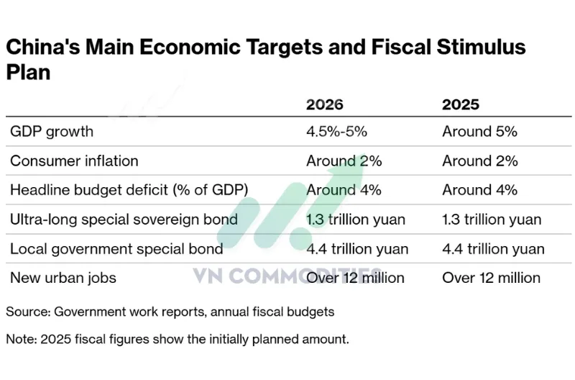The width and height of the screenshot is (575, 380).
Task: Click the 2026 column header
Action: [x=325, y=104]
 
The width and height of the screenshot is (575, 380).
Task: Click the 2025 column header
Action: [x=460, y=104]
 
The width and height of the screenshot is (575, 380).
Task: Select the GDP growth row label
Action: [x=52, y=132]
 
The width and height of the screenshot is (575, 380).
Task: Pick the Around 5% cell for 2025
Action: [x=479, y=132]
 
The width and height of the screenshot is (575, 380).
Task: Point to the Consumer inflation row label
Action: [x=74, y=161]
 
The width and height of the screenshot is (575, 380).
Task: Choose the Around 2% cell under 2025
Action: [x=479, y=161]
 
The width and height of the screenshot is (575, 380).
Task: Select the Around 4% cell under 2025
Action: [x=479, y=190]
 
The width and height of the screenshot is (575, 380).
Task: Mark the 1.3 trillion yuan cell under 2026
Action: [x=356, y=220]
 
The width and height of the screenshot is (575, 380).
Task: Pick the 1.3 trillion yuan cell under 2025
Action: [x=492, y=220]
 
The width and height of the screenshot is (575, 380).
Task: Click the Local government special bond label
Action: [x=116, y=249]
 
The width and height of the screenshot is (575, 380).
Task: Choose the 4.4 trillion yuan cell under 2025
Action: [x=493, y=249]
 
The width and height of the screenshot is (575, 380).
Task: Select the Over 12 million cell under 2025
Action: [x=491, y=278]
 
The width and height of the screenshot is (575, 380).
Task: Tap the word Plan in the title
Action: [x=28, y=72]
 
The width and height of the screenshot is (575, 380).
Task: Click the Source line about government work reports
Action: [x=170, y=312]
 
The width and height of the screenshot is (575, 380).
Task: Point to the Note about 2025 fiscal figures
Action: [x=178, y=339]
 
